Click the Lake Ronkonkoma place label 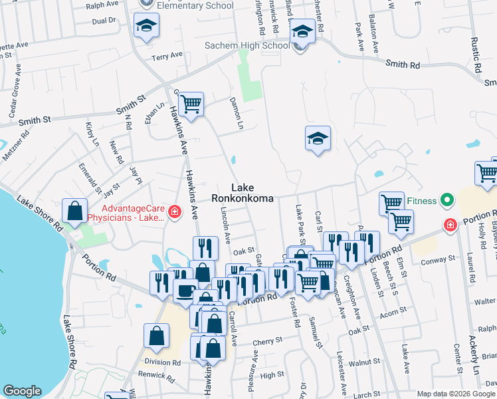click(x=243, y=193)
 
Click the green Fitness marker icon click(x=448, y=199)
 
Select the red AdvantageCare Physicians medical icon click(x=174, y=211)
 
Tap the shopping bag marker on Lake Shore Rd click(x=75, y=210)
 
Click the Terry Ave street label click(x=163, y=58)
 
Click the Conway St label click(x=437, y=259)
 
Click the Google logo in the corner click(x=22, y=391)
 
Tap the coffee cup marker click(x=184, y=289)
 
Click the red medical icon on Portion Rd click(x=450, y=225)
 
